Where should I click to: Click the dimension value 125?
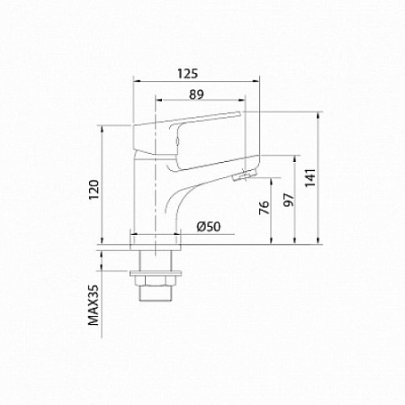pos(187,74)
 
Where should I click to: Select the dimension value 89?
pos(196,94)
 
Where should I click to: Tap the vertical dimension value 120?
pos(94,190)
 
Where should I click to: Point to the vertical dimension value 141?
pos(310,177)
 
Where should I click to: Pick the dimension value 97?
pos(288,200)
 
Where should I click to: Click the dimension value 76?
pos(264,208)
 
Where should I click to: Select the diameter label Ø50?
pos(209,227)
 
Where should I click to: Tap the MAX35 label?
pos(94,305)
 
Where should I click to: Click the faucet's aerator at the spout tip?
pos(245,175)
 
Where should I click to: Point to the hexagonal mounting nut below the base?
pos(156,280)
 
